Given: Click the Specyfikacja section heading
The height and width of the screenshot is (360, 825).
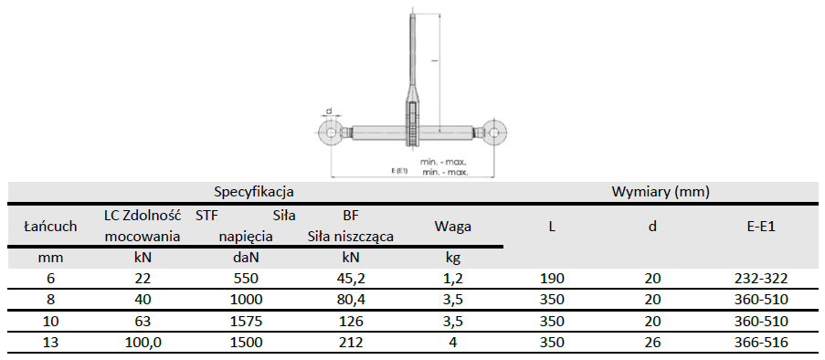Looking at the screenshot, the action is point(254,192).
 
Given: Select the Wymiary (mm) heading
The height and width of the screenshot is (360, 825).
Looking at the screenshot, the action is point(661,192).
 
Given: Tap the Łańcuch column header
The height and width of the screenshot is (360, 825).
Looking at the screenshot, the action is point(51,227).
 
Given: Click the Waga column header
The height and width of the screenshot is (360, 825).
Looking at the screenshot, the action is point(452,227).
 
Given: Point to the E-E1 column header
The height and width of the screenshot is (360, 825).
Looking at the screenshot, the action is point(761,227).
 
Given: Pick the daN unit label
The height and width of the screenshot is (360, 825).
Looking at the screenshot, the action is point(247,258).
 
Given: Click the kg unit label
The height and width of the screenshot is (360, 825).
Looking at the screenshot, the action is point(452,259).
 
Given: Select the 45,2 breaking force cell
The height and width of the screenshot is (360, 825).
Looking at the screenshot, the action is point(351,279).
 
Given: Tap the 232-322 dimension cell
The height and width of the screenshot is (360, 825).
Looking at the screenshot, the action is point(761,279).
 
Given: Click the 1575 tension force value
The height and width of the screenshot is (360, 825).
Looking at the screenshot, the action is point(247,321).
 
